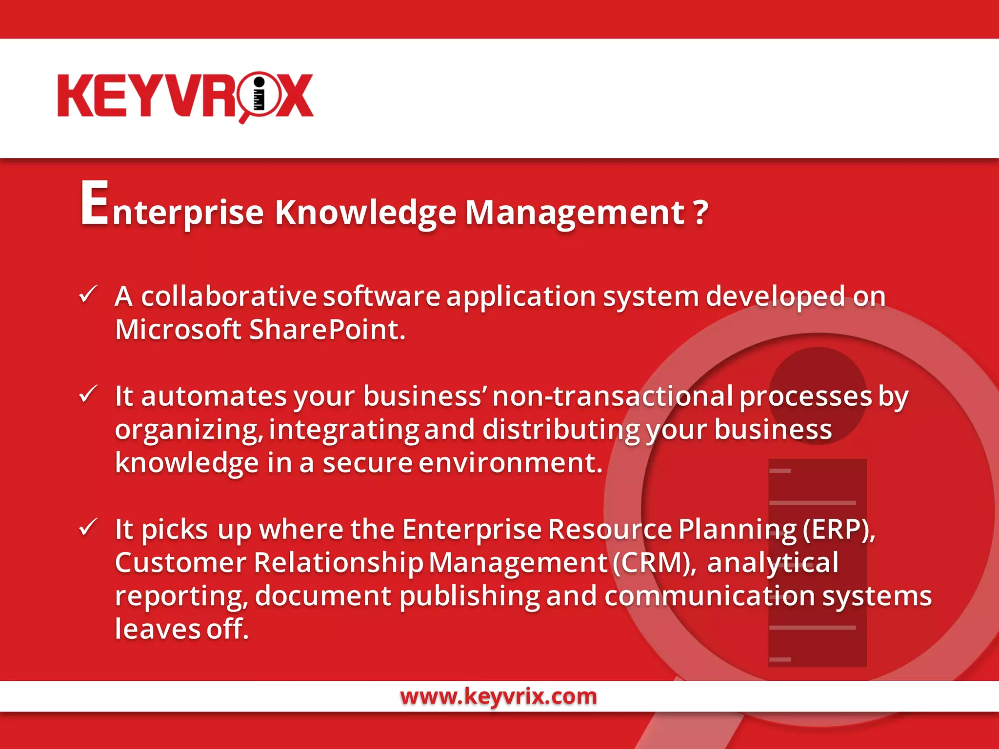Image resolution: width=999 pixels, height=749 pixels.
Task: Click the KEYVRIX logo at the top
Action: [x=185, y=96]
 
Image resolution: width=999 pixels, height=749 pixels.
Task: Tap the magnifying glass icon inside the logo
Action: [x=259, y=95]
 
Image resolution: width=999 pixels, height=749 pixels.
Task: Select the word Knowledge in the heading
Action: [x=365, y=213]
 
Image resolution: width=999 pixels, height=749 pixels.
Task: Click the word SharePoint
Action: [x=327, y=330]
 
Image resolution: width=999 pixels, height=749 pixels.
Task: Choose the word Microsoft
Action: [x=178, y=330]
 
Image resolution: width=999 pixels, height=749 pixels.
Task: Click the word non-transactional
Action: [x=612, y=396]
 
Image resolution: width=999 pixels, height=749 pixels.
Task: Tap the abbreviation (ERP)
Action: [x=839, y=530]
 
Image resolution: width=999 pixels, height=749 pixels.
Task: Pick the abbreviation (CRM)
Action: [x=654, y=563]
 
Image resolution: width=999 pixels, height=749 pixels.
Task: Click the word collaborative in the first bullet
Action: [x=229, y=296]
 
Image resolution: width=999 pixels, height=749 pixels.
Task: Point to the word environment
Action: [x=510, y=463]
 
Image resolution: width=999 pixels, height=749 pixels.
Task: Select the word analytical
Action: [x=773, y=563]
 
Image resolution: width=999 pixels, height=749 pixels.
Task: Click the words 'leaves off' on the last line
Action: [x=181, y=629]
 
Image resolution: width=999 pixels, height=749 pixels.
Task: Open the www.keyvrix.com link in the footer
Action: [x=499, y=696]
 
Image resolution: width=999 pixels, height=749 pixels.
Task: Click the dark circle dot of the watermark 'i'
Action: [x=818, y=395]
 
